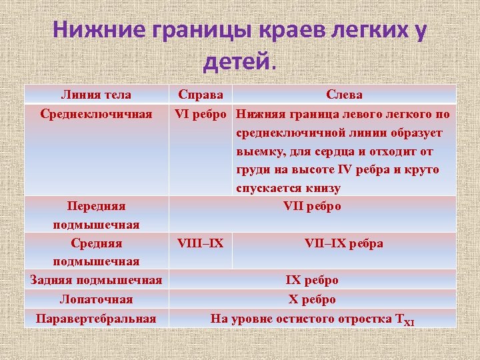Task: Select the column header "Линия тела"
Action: coord(96,95)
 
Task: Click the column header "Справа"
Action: coord(201,95)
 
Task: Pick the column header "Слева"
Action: coord(344,95)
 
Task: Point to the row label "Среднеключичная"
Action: coord(96,114)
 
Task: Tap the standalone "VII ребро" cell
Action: coord(312,206)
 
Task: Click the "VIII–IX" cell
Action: coord(201,243)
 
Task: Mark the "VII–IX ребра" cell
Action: coord(344,243)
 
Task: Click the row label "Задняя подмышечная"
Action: coord(96,280)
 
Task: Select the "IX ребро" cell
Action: coord(312,280)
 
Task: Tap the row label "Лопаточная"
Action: coord(96,299)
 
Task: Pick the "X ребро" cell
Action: coord(312,299)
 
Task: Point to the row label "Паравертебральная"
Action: coord(96,318)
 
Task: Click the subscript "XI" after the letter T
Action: coord(409,322)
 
